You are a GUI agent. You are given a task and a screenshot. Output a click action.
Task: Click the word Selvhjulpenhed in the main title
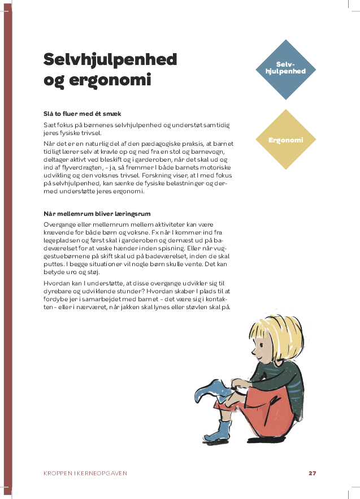[110, 59]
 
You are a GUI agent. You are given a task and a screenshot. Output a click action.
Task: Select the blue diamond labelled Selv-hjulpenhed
[286, 69]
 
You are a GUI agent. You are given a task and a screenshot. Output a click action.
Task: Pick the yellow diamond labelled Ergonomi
[286, 140]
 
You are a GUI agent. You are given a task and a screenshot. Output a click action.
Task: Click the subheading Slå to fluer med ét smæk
[82, 114]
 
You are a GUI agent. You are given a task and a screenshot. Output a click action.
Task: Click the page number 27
[312, 473]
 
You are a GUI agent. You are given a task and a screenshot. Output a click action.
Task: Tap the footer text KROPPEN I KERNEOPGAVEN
[85, 473]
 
